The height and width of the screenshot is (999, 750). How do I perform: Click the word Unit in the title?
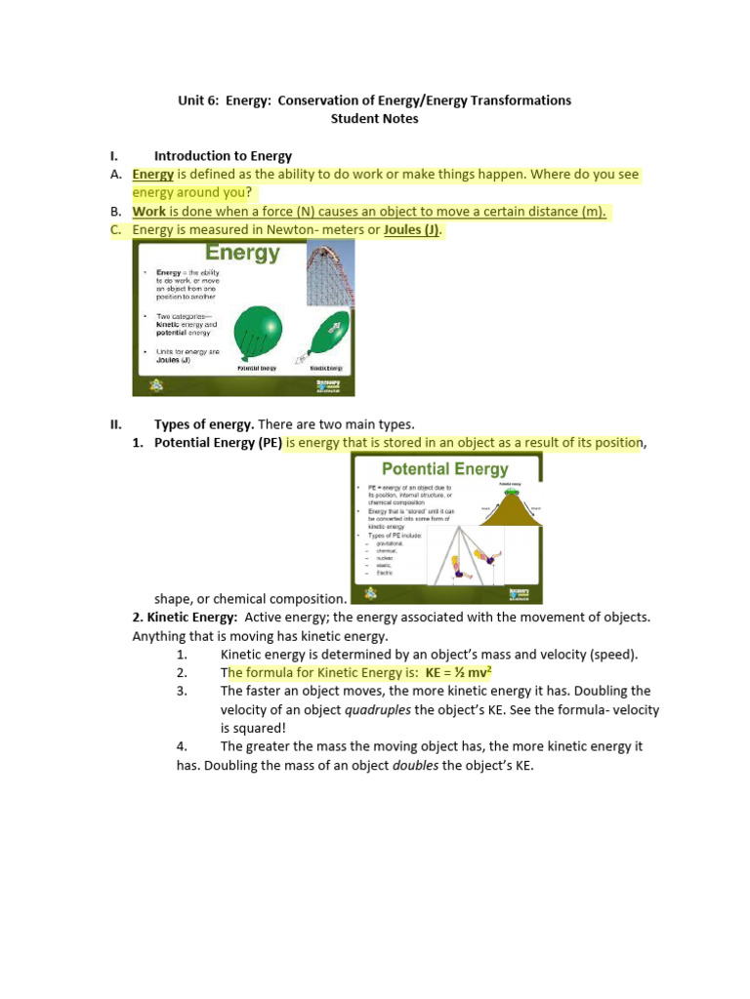pyautogui.click(x=191, y=100)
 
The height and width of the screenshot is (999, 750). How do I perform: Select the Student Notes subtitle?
pyautogui.click(x=374, y=119)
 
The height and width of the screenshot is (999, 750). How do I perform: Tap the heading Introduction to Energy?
pyautogui.click(x=223, y=156)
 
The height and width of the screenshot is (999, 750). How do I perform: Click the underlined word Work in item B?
pyautogui.click(x=149, y=212)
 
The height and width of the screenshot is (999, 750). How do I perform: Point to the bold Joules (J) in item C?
pyautogui.click(x=413, y=230)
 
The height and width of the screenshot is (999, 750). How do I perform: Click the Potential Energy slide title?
pyautogui.click(x=445, y=468)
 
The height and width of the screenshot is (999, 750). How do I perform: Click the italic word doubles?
pyautogui.click(x=415, y=766)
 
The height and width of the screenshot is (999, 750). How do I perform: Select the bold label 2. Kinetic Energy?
pyautogui.click(x=185, y=618)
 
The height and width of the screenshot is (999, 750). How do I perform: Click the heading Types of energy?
pyautogui.click(x=204, y=424)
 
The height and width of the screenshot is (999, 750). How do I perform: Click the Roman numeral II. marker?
pyautogui.click(x=115, y=424)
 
